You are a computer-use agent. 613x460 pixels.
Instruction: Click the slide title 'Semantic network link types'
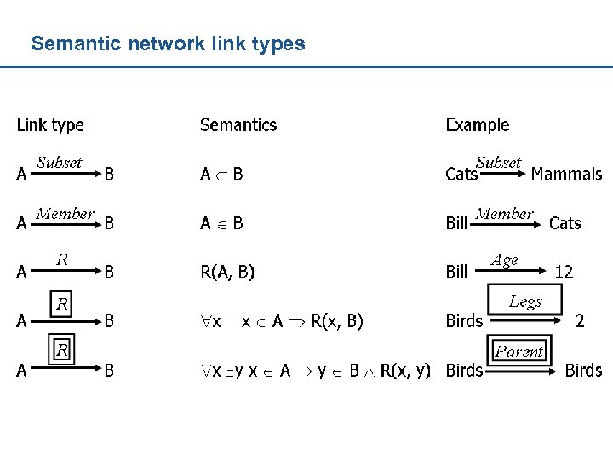pos(168,43)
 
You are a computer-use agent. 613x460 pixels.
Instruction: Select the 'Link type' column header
pos(50,125)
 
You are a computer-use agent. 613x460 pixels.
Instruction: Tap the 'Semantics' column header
pos(238,125)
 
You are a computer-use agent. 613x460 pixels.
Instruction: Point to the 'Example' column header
pos(478,125)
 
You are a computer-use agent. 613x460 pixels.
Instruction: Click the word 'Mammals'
pos(566,174)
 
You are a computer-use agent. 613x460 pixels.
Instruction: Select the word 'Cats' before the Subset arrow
pos(461,174)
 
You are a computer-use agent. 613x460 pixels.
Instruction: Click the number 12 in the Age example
pos(564,272)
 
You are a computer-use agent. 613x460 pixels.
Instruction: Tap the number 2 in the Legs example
pos(580,321)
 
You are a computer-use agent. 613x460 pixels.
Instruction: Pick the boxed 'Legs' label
pos(525,301)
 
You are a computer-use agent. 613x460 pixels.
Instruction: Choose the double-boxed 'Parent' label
pos(520,351)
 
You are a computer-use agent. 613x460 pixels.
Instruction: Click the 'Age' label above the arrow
pos(504,261)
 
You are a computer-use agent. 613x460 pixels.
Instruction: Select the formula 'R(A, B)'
pos(227,272)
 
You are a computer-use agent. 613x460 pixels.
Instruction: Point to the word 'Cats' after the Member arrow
pos(565,223)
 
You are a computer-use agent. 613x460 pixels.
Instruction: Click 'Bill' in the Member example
pos(456,223)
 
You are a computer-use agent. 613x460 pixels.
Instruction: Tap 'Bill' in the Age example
pos(456,272)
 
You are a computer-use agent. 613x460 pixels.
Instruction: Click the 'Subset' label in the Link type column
pos(60,162)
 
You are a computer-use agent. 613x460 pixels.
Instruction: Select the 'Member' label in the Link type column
pos(65,213)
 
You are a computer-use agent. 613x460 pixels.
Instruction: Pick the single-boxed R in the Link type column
pos(62,303)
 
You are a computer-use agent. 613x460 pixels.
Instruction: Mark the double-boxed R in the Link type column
pos(62,349)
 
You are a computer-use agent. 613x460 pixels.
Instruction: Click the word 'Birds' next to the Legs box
pos(464,321)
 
